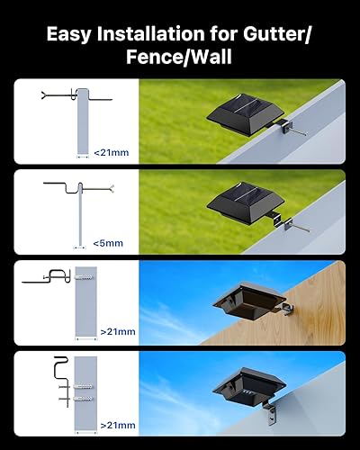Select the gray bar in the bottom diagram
[86, 387]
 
